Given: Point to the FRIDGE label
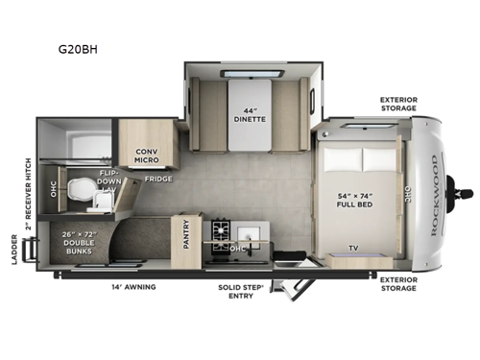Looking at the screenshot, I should point(158,179).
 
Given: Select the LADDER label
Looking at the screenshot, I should point(13,249).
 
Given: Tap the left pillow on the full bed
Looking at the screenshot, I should point(341,157).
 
